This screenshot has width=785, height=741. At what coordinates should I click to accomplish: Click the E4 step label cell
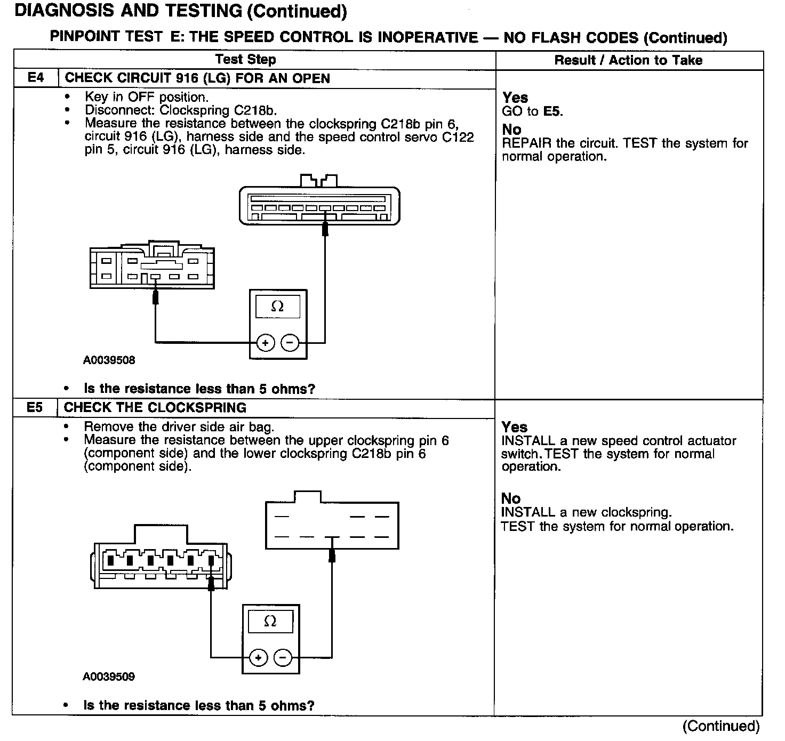(35, 78)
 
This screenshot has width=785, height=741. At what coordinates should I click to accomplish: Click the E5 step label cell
(35, 408)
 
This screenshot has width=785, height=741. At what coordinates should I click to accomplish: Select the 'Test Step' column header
(246, 60)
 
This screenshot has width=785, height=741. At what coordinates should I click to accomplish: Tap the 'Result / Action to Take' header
(628, 60)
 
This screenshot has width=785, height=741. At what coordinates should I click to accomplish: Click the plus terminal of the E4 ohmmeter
(266, 342)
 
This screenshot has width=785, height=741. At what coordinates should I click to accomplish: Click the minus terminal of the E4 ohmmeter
(290, 342)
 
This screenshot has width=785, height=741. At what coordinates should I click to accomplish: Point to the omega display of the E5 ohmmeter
(270, 622)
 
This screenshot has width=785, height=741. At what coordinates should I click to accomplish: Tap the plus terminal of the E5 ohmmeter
(259, 658)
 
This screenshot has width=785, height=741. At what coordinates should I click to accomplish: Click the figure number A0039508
(109, 360)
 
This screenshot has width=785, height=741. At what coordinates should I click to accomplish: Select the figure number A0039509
(109, 677)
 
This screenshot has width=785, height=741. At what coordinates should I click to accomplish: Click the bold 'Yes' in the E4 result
(515, 98)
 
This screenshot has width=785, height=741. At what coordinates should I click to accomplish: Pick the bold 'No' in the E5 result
(511, 498)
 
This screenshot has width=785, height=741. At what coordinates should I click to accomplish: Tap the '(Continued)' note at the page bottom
(720, 726)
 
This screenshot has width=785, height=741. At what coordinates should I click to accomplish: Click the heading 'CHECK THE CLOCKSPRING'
(155, 408)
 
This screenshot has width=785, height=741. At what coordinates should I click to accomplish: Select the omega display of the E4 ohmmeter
(277, 307)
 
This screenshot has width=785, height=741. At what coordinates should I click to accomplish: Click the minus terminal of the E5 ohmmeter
(283, 658)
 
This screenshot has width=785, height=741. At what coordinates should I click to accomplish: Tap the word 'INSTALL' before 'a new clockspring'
(528, 512)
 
